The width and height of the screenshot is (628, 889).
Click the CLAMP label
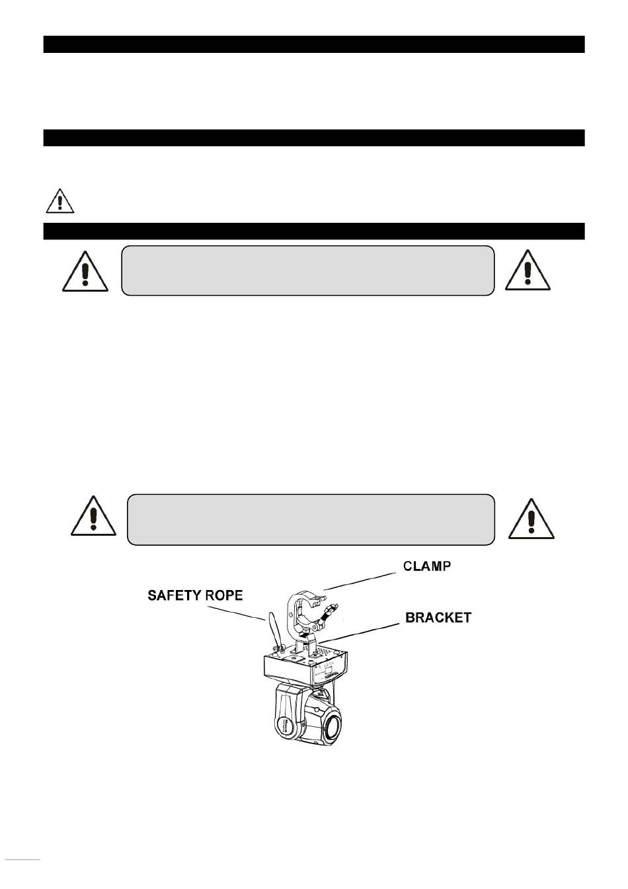pyautogui.click(x=427, y=566)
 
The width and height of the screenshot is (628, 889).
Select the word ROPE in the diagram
pyautogui.click(x=223, y=596)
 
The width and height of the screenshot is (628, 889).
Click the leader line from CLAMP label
pyautogui.click(x=360, y=581)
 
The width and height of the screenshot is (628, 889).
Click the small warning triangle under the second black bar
pyautogui.click(x=60, y=201)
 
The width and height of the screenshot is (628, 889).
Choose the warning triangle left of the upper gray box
pyautogui.click(x=85, y=271)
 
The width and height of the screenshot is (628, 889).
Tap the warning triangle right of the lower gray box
pyautogui.click(x=531, y=519)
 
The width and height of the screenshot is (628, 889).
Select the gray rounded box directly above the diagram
pyautogui.click(x=311, y=519)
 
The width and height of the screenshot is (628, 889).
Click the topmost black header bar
pyautogui.click(x=314, y=44)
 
